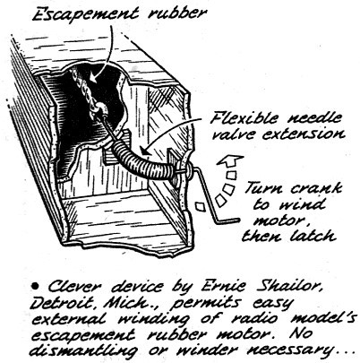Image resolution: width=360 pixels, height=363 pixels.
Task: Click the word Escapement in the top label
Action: (x=85, y=14)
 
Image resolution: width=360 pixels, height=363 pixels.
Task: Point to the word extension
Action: (x=304, y=134)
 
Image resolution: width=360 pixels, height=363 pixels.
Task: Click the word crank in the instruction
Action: (x=315, y=189)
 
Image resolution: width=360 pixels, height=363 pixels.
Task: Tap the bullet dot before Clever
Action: (x=35, y=287)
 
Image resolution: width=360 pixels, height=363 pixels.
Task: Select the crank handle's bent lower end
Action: (x=227, y=220)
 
